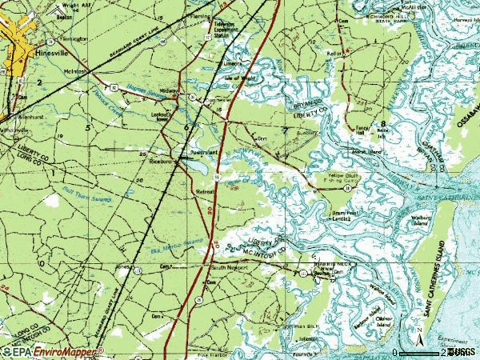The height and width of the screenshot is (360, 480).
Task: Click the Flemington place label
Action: pos(53,38)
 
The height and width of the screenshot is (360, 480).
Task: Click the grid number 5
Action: pos(87,127)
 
